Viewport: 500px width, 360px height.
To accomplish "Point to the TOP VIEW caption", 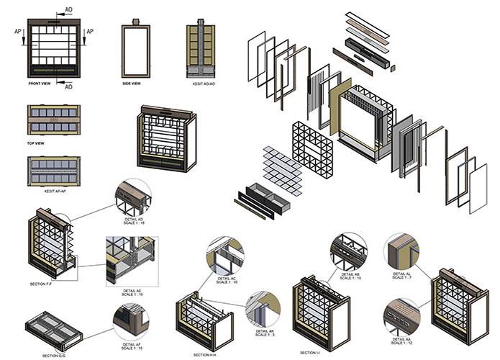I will pyautogui.click(x=37, y=143).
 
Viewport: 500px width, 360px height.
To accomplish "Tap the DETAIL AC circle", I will pyautogui.click(x=227, y=256).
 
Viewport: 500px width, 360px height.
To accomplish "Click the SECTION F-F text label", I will pyautogui.click(x=45, y=285).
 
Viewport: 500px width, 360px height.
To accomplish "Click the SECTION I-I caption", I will pyautogui.click(x=311, y=352).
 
